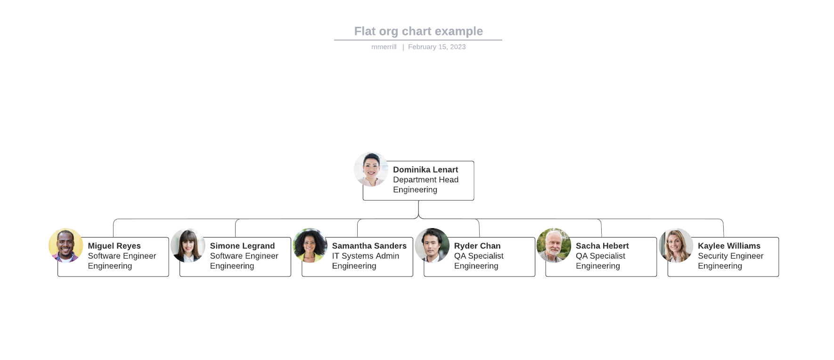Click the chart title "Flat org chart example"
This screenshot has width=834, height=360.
pos(418,31)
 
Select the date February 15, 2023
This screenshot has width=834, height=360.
pos(437,47)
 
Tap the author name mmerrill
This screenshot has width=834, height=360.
pos(384,47)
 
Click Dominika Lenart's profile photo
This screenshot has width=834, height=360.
pos(371,169)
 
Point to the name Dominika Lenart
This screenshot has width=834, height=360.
pos(425,170)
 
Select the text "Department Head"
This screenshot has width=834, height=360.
pos(425,180)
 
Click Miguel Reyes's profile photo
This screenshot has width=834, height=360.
pos(66,245)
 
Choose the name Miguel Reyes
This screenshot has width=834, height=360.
pos(114,246)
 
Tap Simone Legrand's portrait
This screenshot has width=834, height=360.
pos(188,245)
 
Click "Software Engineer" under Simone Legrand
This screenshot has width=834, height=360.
pos(244,256)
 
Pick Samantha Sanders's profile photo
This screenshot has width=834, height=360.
pos(310,245)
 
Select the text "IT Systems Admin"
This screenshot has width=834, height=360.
pos(365,256)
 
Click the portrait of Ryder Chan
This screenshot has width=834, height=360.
pos(432,245)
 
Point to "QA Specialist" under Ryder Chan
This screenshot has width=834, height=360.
pos(478,256)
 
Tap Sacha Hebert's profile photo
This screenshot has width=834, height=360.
pos(554,245)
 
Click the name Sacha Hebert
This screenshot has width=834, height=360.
pos(602,246)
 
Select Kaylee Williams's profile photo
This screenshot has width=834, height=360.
pos(676,245)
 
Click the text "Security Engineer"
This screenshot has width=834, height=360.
pos(730,256)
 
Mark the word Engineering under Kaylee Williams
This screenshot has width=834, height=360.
pos(720,266)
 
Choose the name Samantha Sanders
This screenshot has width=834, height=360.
pos(369,246)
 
